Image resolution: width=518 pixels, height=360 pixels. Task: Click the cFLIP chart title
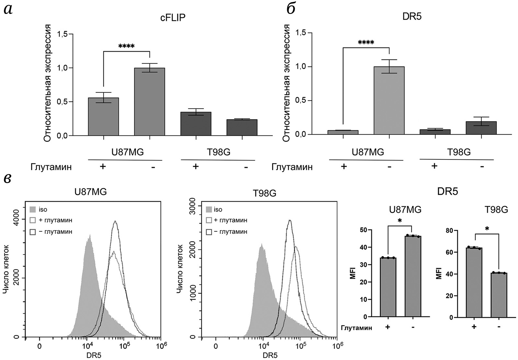click(173, 17)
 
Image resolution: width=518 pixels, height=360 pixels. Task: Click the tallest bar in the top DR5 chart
click(389, 100)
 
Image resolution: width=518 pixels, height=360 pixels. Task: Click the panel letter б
click(291, 9)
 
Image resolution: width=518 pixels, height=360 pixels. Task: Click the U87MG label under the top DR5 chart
click(367, 152)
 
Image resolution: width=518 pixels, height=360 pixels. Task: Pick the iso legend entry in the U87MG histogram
click(43, 210)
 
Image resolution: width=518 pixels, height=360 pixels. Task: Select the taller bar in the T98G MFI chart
click(474, 282)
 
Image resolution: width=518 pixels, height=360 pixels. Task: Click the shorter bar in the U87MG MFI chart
click(388, 287)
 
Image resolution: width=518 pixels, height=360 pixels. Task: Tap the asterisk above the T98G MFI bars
click(487, 229)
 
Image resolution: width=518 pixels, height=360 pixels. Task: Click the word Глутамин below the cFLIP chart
click(51, 167)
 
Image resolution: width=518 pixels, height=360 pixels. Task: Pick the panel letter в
click(8, 179)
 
